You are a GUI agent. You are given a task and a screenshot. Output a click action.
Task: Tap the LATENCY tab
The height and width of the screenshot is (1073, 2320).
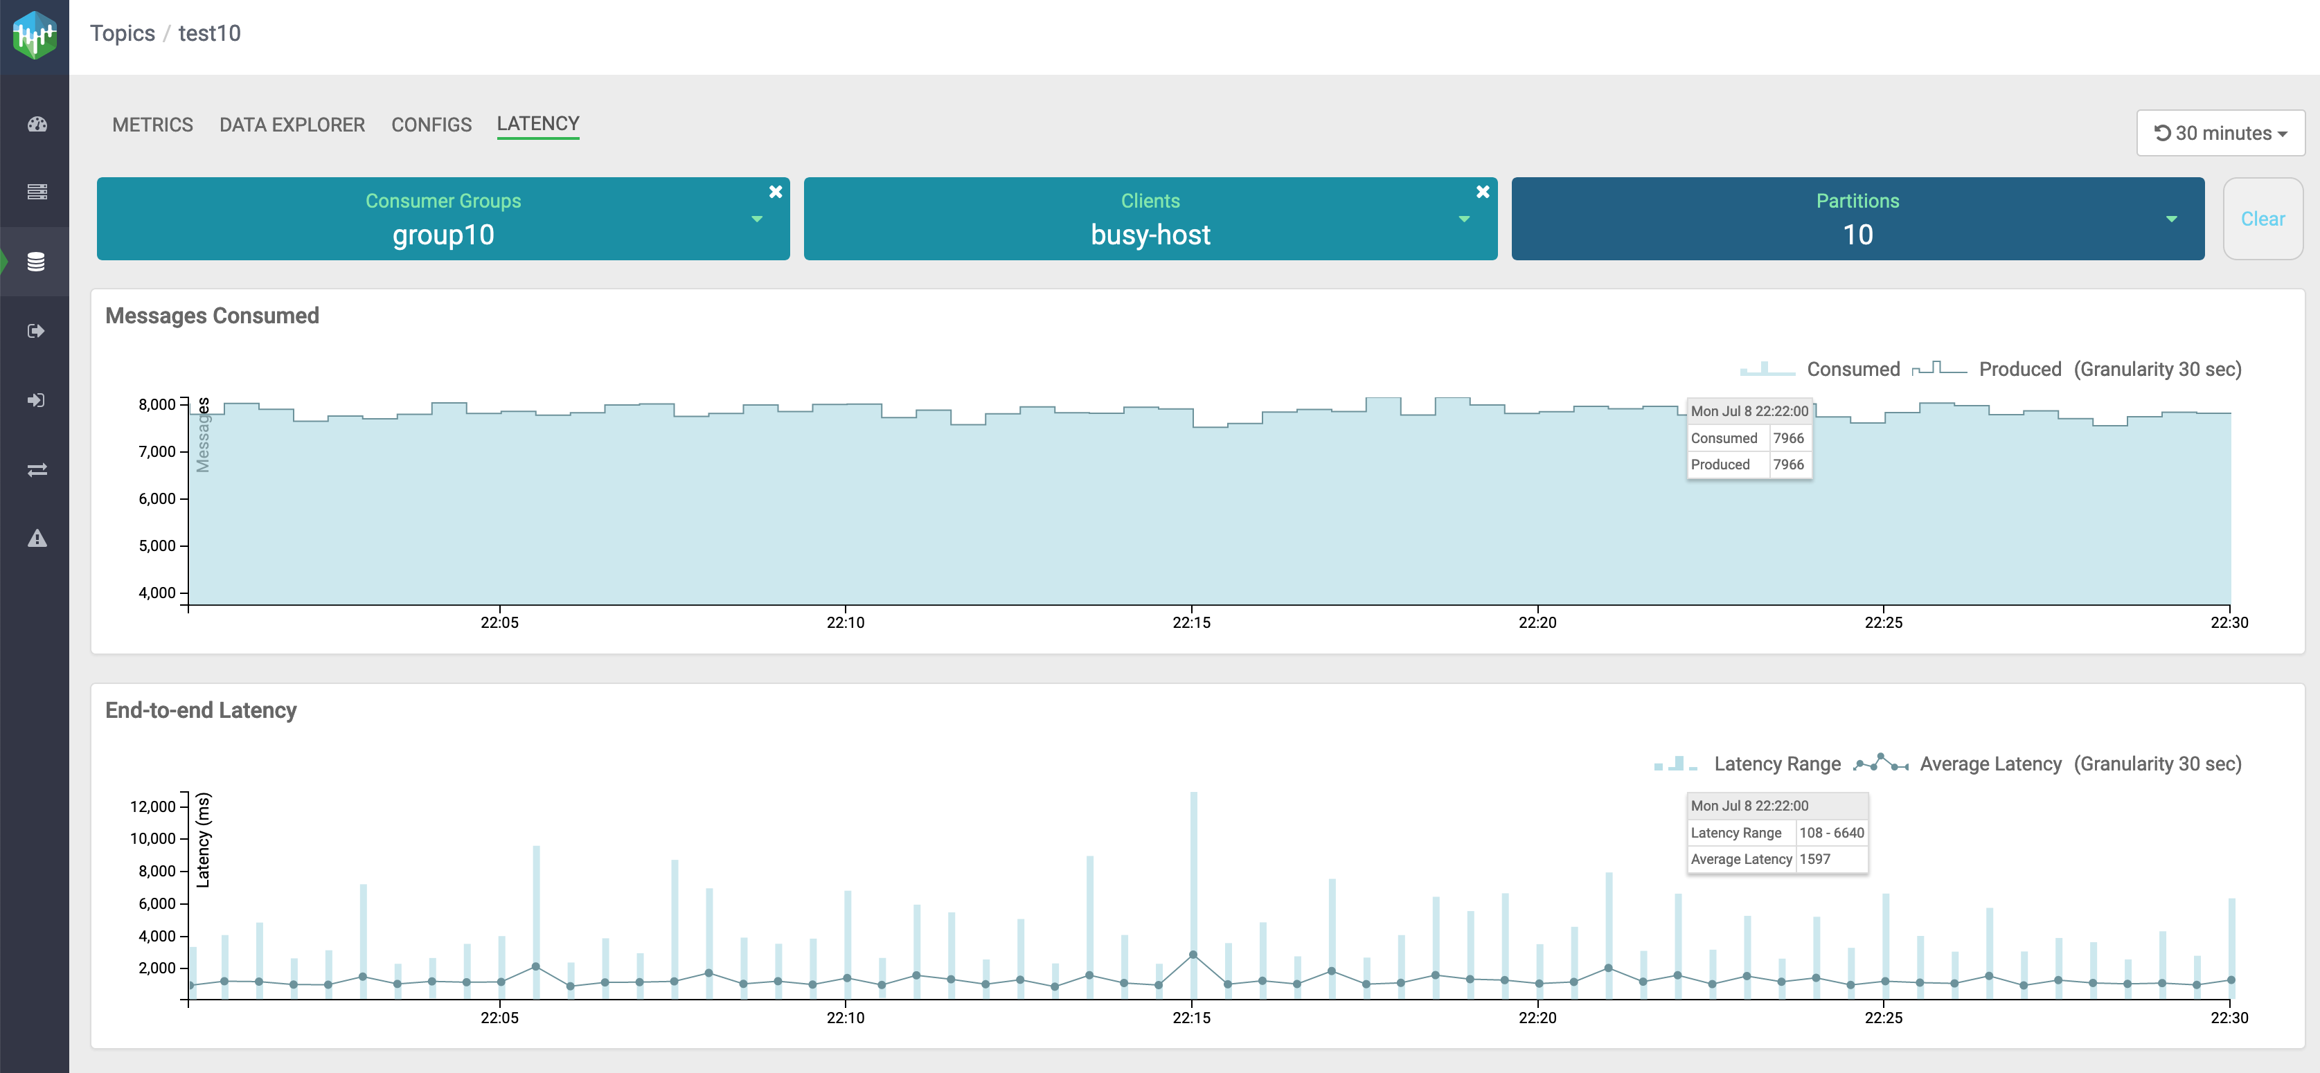(x=537, y=123)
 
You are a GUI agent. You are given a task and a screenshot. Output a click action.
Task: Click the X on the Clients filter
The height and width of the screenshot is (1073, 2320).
(x=1483, y=192)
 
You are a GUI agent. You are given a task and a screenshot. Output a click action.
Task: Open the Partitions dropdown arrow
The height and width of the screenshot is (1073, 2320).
(x=2170, y=219)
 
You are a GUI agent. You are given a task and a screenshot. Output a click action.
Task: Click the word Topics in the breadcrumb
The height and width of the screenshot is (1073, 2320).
(x=123, y=33)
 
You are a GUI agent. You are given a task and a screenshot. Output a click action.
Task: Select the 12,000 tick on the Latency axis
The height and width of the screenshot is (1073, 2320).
(x=152, y=806)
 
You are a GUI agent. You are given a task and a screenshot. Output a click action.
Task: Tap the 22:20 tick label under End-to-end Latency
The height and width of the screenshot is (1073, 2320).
(x=1537, y=1017)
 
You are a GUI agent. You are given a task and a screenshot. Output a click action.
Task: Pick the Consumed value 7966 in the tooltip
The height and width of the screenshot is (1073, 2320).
(x=1787, y=438)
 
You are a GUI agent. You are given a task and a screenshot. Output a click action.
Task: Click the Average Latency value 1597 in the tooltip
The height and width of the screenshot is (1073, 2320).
(x=1814, y=859)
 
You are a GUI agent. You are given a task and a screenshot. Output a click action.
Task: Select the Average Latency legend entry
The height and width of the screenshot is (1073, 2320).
(x=1990, y=764)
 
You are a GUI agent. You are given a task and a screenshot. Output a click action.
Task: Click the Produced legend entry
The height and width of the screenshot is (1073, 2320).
(x=2019, y=369)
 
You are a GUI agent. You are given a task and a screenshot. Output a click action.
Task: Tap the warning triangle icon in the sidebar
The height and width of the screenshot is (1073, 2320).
(x=37, y=539)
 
